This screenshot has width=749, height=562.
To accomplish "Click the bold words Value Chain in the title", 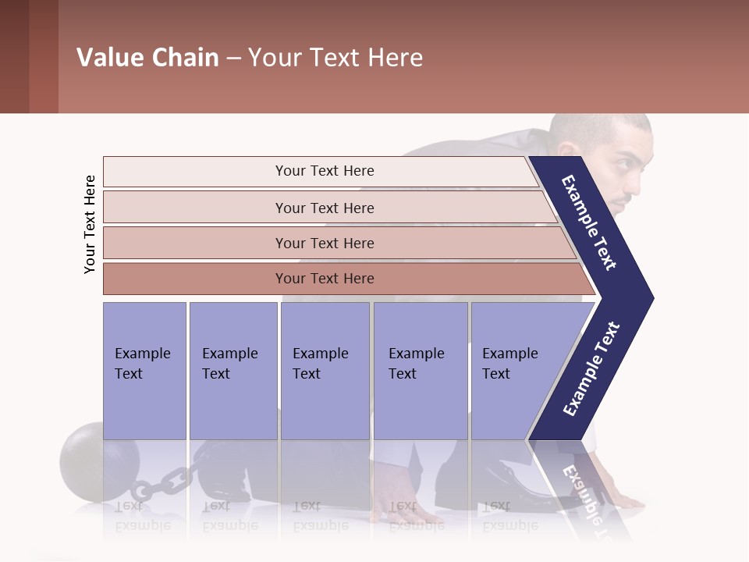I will click(147, 58).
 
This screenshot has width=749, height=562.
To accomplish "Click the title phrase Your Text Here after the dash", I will click(335, 58).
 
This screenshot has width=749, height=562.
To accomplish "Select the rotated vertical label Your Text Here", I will click(90, 224).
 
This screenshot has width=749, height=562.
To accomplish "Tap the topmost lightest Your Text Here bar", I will click(324, 171).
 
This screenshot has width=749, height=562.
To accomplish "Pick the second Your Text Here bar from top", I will click(324, 208).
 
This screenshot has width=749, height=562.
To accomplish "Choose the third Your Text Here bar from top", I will click(324, 243).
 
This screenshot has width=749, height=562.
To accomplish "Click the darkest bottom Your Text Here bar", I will click(324, 279).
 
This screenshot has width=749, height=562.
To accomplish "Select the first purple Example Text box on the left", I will click(144, 371).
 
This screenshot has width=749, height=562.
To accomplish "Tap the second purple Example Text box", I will click(233, 371).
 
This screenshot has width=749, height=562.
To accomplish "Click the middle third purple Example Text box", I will click(325, 371).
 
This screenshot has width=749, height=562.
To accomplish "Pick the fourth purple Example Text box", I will click(420, 371).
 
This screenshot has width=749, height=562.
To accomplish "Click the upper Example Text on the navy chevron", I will click(590, 222).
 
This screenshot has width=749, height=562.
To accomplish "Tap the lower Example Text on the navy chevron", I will click(591, 368).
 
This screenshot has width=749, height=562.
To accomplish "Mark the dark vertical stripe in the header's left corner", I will click(43, 56).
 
